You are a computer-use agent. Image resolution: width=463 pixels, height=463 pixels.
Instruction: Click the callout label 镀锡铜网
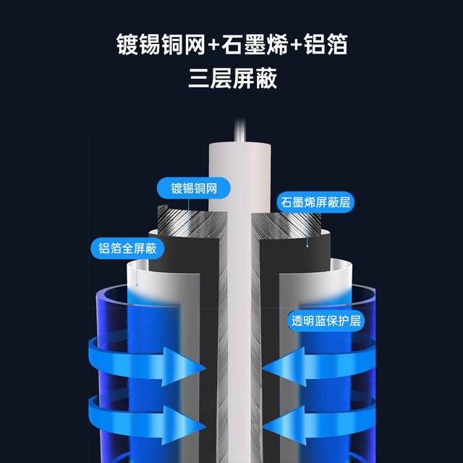(194, 188)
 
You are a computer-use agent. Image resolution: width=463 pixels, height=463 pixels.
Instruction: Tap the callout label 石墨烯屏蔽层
(315, 203)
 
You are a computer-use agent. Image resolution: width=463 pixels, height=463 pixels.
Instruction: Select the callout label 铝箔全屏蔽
(127, 248)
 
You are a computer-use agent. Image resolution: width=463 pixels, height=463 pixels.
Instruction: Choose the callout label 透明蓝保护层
(326, 320)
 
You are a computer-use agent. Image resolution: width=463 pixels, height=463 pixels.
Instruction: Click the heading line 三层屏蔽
(233, 78)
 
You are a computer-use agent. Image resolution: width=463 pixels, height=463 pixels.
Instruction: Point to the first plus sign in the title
(213, 45)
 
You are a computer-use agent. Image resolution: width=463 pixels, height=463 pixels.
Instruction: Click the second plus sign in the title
(296, 45)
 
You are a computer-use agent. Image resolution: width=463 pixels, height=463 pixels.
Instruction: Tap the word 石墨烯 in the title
(255, 44)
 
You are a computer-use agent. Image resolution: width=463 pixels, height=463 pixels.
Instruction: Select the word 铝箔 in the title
(326, 44)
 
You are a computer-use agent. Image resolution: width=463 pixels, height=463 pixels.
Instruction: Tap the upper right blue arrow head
(284, 367)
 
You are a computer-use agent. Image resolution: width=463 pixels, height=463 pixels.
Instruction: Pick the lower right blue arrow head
(284, 425)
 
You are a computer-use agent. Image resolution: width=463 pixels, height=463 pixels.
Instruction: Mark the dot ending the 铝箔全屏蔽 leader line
(137, 285)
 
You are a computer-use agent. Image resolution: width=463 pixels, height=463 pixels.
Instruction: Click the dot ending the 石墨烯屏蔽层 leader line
(307, 246)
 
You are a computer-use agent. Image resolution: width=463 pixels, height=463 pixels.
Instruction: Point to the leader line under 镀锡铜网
(189, 216)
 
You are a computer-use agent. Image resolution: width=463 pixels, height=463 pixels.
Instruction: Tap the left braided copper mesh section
(192, 222)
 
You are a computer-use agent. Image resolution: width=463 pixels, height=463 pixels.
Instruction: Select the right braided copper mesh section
(286, 224)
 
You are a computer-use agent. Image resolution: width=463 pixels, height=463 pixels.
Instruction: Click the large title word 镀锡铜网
(161, 44)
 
